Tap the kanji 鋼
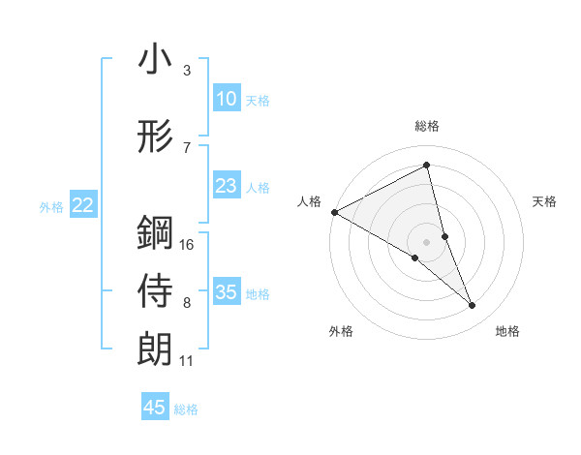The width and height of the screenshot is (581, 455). (155, 234)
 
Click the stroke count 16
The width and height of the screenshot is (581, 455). (188, 244)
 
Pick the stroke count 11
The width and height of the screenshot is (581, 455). (187, 361)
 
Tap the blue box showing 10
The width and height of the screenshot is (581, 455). (226, 99)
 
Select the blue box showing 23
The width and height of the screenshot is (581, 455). (226, 187)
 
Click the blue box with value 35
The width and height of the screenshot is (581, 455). (226, 292)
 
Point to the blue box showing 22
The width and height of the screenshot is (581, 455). (82, 205)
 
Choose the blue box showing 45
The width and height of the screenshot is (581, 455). (155, 408)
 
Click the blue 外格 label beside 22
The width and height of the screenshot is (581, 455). (51, 206)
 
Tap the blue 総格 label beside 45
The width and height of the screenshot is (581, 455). (186, 409)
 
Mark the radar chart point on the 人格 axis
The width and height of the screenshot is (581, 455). (334, 212)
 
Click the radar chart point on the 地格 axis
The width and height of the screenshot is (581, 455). (473, 305)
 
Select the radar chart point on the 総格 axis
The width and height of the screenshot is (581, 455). (426, 166)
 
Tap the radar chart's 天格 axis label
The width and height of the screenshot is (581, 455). (545, 201)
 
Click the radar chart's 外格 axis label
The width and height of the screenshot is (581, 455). (341, 331)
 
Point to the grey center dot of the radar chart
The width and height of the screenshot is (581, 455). (426, 241)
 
